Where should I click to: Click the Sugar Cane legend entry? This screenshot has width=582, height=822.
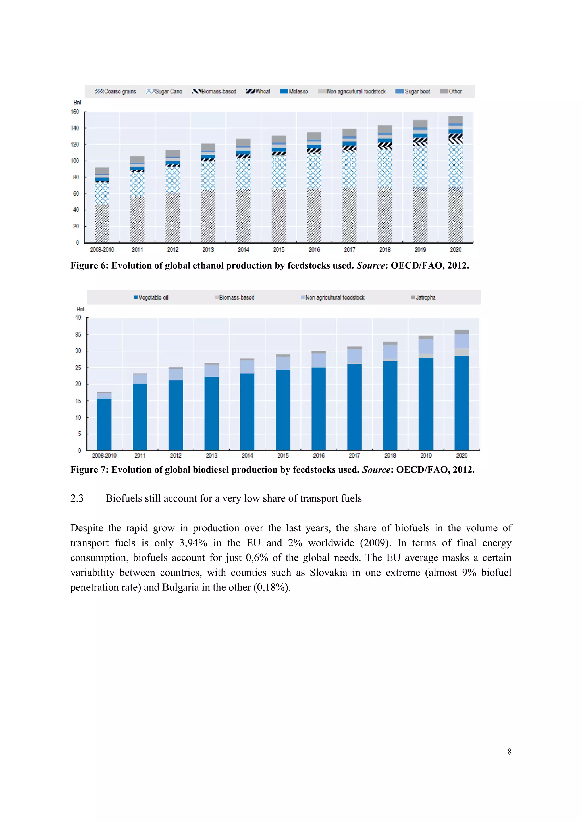pyautogui.click(x=165, y=91)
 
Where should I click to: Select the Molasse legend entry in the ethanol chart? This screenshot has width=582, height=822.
pyautogui.click(x=294, y=91)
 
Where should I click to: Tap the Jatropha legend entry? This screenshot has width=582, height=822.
pyautogui.click(x=424, y=297)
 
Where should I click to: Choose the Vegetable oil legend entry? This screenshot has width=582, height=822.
pyautogui.click(x=151, y=297)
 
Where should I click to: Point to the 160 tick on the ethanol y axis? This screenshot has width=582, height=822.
pyautogui.click(x=75, y=112)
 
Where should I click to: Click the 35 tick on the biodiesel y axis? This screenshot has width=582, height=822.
pyautogui.click(x=78, y=334)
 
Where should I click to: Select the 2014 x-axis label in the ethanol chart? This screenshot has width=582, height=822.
pyautogui.click(x=243, y=249)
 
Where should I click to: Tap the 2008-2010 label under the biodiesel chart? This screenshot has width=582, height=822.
pyautogui.click(x=104, y=455)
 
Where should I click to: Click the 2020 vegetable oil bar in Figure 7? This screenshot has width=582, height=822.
pyautogui.click(x=462, y=403)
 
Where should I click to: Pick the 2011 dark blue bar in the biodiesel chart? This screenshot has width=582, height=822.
pyautogui.click(x=140, y=417)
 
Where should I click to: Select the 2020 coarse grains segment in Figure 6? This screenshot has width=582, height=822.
pyautogui.click(x=456, y=215)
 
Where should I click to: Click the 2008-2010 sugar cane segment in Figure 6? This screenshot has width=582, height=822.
pyautogui.click(x=102, y=193)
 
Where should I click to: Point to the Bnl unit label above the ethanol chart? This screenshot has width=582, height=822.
pyautogui.click(x=77, y=102)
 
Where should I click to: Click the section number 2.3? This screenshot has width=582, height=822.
pyautogui.click(x=77, y=498)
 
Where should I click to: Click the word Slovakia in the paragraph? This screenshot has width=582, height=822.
pyautogui.click(x=328, y=573)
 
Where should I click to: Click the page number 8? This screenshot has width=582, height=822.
pyautogui.click(x=509, y=752)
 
